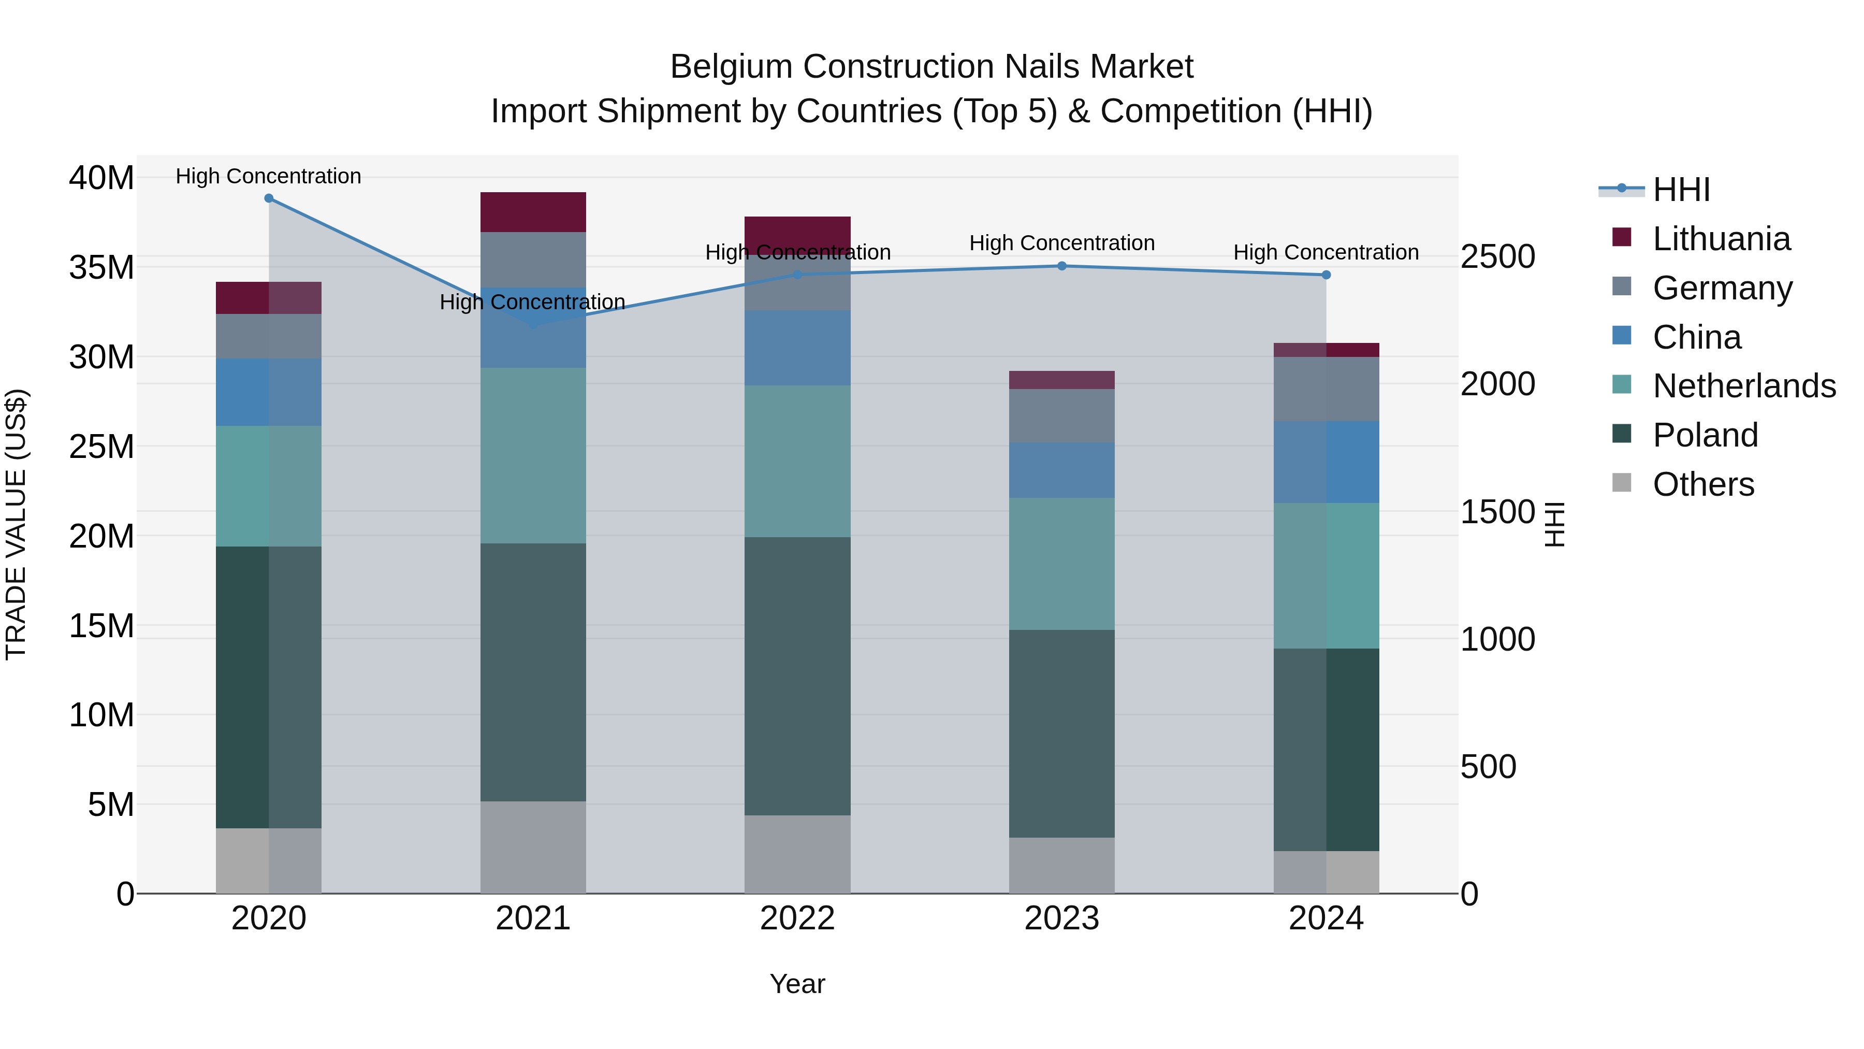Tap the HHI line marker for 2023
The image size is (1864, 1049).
tap(1061, 266)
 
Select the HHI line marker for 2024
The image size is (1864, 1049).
tap(1326, 275)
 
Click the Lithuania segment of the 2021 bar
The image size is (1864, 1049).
tap(533, 212)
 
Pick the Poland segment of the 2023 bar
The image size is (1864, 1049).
tap(1061, 734)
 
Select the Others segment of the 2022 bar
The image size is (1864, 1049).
tap(797, 854)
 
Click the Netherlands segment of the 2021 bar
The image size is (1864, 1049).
tap(533, 455)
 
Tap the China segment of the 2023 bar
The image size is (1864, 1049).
tap(1061, 470)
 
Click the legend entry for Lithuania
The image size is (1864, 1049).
tap(1721, 239)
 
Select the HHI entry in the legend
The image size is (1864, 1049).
tap(1681, 190)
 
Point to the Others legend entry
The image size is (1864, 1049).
tap(1702, 484)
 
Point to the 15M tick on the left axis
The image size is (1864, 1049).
tap(101, 625)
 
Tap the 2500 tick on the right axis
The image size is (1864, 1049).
tap(1497, 256)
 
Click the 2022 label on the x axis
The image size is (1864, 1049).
tap(797, 918)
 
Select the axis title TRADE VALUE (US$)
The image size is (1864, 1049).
tap(16, 524)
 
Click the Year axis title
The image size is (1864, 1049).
tap(797, 984)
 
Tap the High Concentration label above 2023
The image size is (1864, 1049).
tap(1061, 243)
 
